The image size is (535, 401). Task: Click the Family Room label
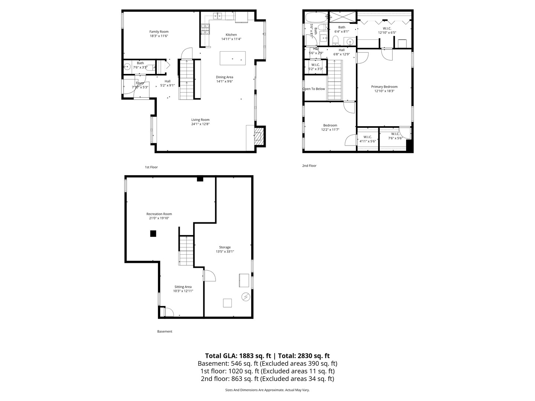(x=159, y=32)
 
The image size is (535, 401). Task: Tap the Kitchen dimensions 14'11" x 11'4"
(x=231, y=39)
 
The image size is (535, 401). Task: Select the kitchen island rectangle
(x=233, y=58)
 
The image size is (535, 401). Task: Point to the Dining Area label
(x=224, y=77)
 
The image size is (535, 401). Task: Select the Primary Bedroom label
(x=384, y=87)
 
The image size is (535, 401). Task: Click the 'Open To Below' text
(x=314, y=89)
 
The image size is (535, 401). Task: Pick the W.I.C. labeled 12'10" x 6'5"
(x=387, y=32)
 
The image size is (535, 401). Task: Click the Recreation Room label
(x=159, y=214)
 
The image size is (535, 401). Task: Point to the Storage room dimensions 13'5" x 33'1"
(x=225, y=251)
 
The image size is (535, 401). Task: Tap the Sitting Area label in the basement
(x=183, y=287)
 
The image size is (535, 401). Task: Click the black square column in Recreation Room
(x=153, y=234)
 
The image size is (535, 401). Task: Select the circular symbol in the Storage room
(x=246, y=297)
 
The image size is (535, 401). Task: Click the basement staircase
(x=187, y=251)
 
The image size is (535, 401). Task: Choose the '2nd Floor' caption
(x=309, y=166)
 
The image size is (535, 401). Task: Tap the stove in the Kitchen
(x=205, y=29)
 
